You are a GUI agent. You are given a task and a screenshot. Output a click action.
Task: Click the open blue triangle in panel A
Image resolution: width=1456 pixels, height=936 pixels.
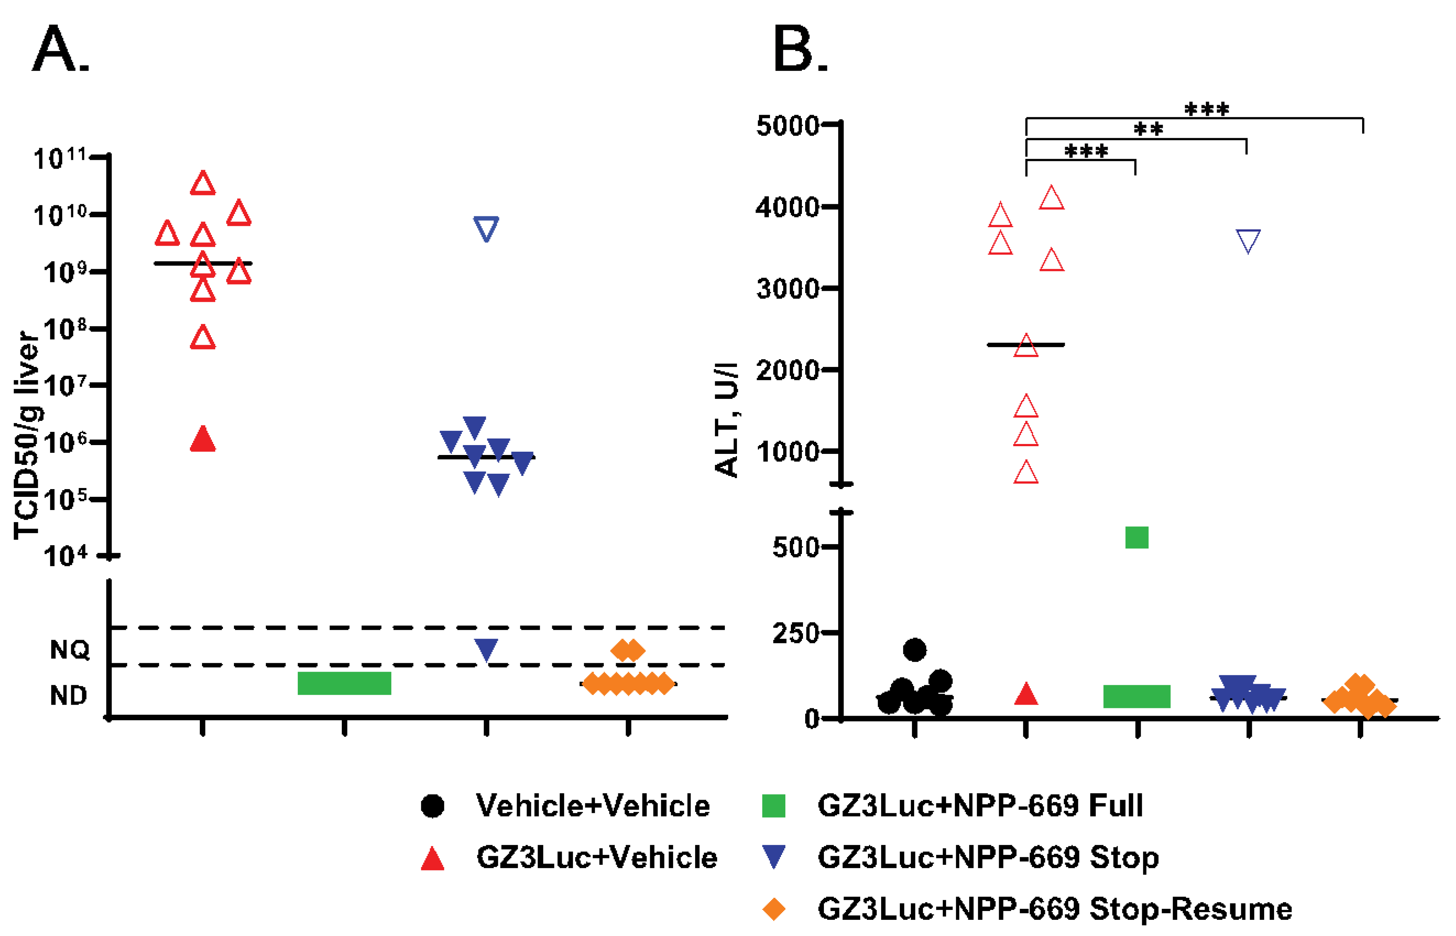coord(486,228)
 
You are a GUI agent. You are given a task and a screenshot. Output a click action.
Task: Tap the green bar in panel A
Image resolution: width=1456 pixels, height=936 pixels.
coord(344,683)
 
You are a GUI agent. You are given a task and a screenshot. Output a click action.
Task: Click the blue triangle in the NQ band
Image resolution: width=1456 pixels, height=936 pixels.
coord(486,650)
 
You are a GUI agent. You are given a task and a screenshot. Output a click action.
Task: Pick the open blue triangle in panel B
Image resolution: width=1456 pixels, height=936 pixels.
coord(1248,241)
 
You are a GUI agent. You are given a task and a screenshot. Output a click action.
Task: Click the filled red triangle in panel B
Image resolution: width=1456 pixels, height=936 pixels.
coord(1026,694)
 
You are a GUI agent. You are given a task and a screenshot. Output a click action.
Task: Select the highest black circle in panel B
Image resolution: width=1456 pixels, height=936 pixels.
coord(914,650)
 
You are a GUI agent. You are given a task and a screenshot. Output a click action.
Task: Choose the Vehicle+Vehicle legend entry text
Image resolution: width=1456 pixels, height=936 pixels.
coord(593,806)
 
